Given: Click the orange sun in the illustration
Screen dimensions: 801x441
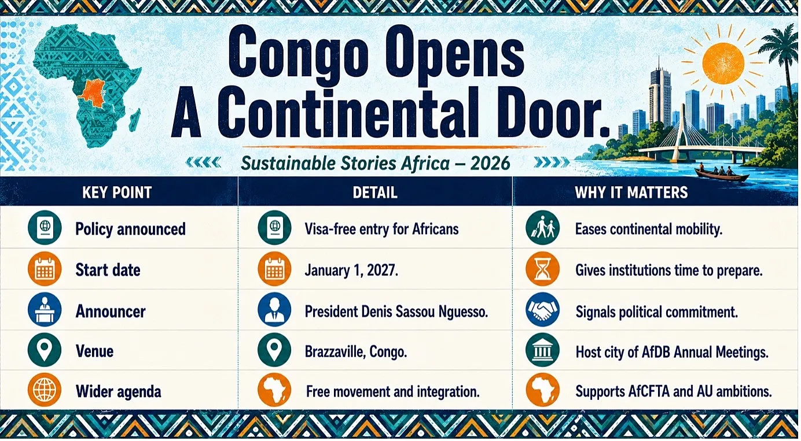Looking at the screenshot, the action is click(723, 64).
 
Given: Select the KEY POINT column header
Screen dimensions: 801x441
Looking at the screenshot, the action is click(117, 192).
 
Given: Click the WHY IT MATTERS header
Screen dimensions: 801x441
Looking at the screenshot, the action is click(631, 192).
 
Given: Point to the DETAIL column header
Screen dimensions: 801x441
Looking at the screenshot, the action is click(375, 192).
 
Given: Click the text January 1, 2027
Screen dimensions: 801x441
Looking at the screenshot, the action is click(351, 270).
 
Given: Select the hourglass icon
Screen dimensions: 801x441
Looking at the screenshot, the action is click(542, 269).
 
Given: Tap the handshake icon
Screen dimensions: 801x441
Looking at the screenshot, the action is click(542, 310).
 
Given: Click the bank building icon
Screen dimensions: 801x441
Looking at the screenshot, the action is click(542, 350).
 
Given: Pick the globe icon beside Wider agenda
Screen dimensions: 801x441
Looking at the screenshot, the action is click(45, 390).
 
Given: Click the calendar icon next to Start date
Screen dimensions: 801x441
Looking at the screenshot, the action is click(45, 269).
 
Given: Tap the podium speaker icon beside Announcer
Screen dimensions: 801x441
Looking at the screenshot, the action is click(45, 310).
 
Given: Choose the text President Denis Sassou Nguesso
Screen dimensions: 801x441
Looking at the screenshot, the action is click(396, 312).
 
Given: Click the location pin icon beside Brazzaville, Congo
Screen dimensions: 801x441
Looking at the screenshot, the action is click(274, 350).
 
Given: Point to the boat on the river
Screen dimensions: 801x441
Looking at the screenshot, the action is click(722, 174).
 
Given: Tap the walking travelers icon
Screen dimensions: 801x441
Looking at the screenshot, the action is click(542, 228).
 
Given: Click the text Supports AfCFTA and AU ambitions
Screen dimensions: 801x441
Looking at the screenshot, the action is click(673, 392).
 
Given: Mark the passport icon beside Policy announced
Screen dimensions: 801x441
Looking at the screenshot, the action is click(45, 228).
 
